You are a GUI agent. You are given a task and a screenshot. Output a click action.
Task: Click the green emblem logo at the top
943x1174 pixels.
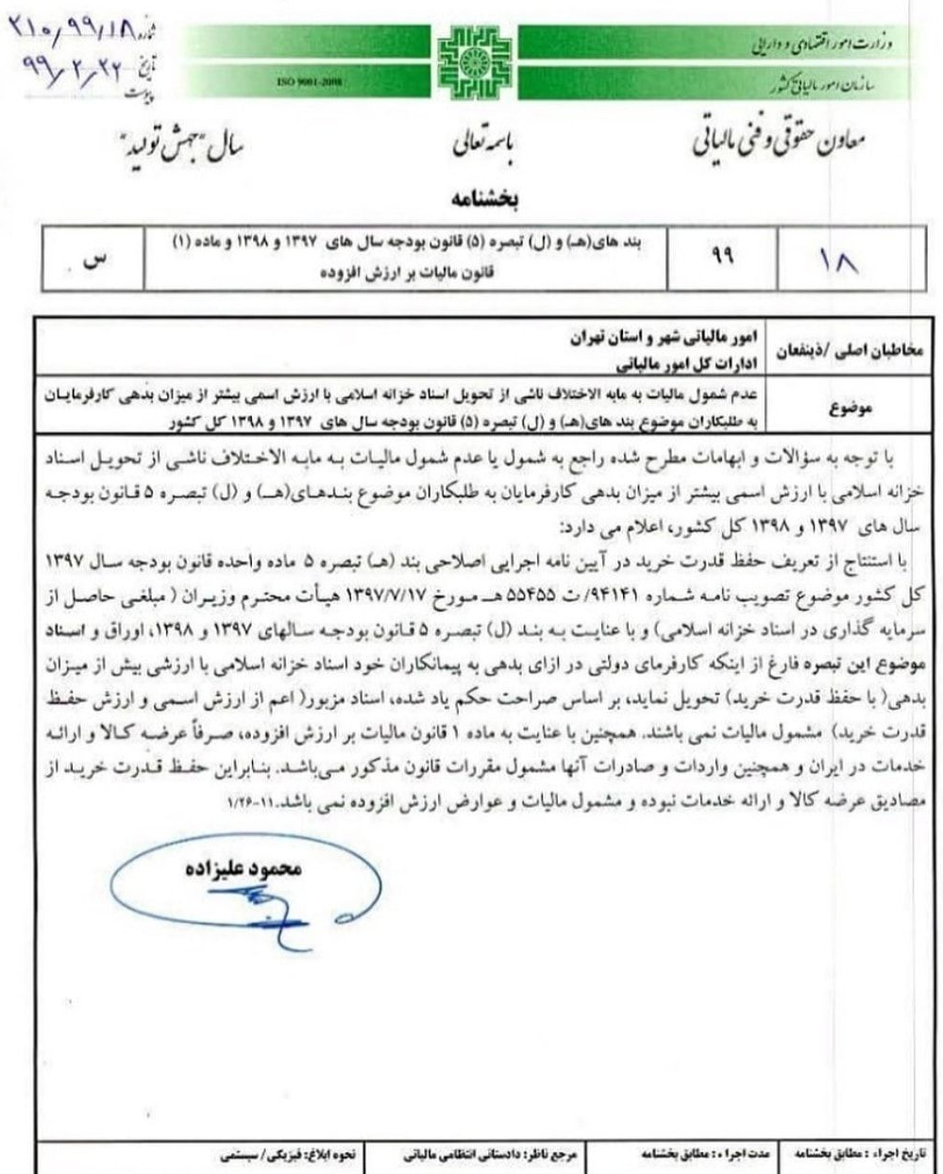click(x=475, y=59)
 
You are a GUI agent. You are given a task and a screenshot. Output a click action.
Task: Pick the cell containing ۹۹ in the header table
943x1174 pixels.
click(x=724, y=258)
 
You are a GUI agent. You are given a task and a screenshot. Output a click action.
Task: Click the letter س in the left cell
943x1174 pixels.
click(x=92, y=260)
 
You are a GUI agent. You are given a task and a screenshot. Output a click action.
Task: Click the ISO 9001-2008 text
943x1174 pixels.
click(x=309, y=82)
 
